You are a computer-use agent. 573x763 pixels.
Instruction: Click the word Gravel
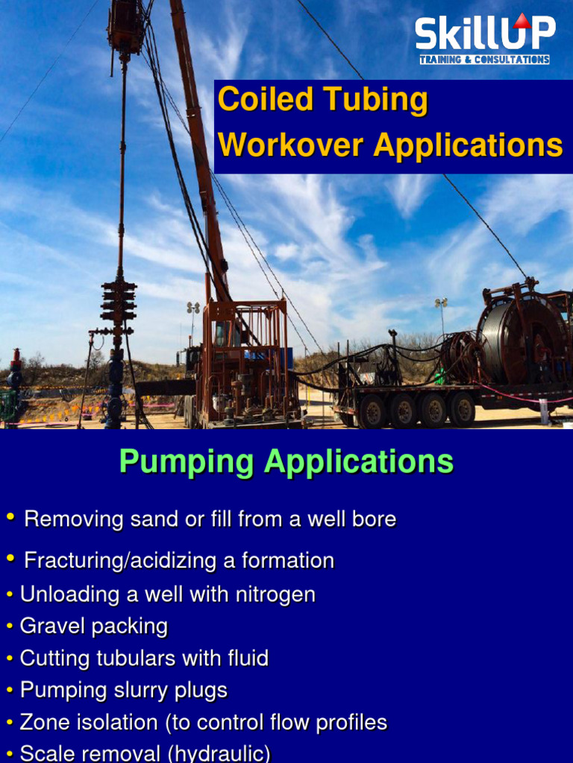(50, 626)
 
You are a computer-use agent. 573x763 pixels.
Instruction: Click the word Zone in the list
(45, 723)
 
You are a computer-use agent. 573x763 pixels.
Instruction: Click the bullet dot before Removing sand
(10, 517)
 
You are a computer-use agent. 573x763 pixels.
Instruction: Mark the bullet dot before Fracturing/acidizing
(10, 558)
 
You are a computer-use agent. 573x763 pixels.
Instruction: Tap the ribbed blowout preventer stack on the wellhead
(119, 301)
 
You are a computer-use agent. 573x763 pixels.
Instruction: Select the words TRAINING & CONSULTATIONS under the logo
(484, 60)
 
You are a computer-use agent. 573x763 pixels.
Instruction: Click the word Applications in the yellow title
(468, 145)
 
